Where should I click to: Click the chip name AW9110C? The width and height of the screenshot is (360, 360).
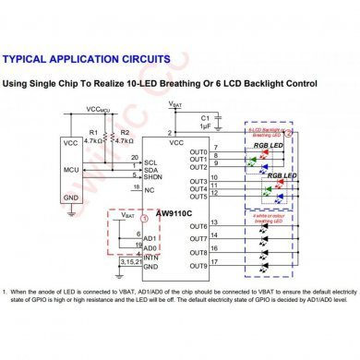(x=174, y=211)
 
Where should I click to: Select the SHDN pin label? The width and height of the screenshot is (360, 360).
(x=151, y=177)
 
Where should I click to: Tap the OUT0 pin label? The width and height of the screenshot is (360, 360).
(x=198, y=151)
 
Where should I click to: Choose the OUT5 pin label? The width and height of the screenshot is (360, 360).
(x=198, y=197)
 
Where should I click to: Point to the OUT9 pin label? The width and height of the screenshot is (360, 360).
(x=198, y=266)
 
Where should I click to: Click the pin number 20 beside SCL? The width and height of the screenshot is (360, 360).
(x=135, y=158)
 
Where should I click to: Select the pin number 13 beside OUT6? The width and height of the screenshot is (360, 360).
(x=214, y=223)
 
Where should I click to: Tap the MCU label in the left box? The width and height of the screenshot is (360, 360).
(x=70, y=170)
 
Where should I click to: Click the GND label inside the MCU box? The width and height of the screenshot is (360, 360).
(x=70, y=197)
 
